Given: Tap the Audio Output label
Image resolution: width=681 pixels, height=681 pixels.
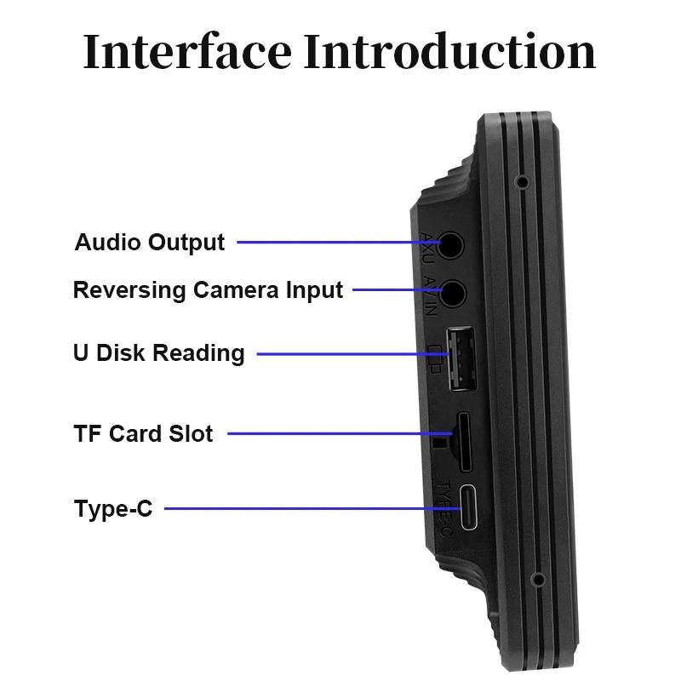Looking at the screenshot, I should click(150, 243).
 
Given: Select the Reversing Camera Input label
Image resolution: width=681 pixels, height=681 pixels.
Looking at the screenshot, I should click(208, 290).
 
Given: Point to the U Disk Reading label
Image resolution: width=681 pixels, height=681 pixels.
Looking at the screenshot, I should click(158, 353).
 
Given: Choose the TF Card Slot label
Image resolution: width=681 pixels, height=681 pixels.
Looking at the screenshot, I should click(143, 433).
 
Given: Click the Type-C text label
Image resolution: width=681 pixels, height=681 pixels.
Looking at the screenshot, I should click(113, 510).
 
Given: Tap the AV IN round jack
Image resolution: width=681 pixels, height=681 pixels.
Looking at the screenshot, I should click(451, 293).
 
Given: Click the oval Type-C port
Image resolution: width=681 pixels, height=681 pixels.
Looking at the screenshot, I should click(471, 509).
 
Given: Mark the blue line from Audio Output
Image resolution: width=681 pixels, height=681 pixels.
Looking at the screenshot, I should click(340, 243).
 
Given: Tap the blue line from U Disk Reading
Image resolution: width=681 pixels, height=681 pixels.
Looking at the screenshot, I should click(349, 353).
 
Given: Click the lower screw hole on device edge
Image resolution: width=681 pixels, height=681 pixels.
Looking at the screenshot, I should click(537, 581).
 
